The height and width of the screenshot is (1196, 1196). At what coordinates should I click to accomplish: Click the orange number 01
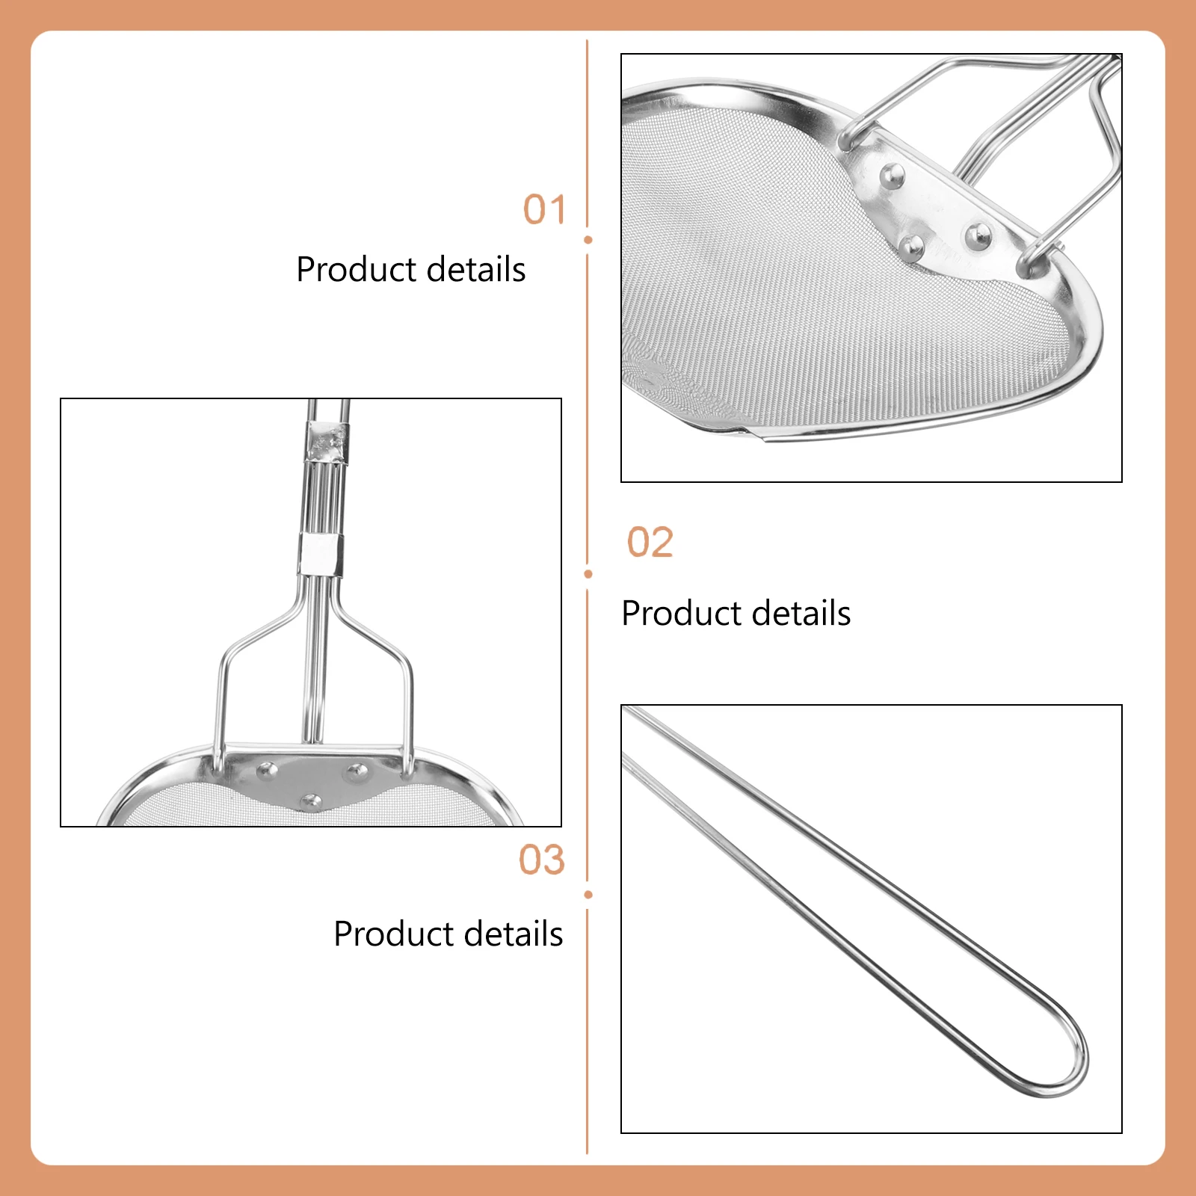(543, 210)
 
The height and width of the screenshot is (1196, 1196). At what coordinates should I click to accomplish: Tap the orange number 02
(650, 543)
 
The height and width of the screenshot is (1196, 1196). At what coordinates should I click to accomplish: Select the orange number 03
(541, 860)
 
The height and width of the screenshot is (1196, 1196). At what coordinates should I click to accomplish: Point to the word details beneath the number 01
(470, 270)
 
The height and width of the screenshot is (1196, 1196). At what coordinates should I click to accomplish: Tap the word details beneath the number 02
(795, 614)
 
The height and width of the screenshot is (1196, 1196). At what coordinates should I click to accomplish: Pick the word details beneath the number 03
(508, 934)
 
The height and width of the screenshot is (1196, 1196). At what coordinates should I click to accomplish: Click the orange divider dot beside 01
(588, 240)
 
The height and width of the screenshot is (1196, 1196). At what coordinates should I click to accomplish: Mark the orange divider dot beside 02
(588, 574)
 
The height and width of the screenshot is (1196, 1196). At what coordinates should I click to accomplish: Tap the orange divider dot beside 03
(588, 895)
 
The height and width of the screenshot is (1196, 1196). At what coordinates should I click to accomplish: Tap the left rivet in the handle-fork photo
(266, 769)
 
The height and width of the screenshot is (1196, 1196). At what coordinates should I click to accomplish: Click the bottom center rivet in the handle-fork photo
(311, 802)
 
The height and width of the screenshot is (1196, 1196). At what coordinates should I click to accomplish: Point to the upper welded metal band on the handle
(326, 442)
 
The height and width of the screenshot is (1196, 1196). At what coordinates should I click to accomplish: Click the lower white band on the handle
(321, 554)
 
